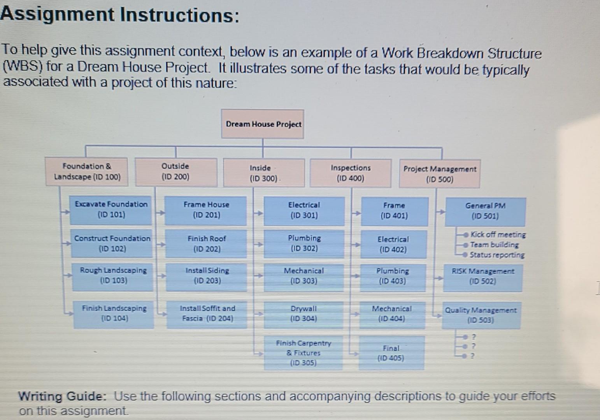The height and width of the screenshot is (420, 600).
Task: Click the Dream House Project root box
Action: (x=263, y=124)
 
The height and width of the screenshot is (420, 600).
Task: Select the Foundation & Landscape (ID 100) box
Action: (x=88, y=171)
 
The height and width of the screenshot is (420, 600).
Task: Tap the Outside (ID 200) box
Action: (x=176, y=171)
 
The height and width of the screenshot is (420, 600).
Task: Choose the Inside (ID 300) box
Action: (x=264, y=173)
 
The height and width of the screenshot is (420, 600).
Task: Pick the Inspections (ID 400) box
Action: (x=351, y=173)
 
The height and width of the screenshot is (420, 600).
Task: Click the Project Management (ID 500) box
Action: (x=439, y=174)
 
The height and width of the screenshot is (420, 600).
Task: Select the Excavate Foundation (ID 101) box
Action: (x=111, y=210)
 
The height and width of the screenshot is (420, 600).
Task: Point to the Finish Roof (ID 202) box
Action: (x=206, y=244)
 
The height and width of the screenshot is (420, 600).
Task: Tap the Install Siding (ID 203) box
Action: (x=207, y=276)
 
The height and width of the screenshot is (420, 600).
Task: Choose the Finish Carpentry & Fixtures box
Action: (x=303, y=353)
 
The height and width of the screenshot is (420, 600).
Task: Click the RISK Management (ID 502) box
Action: (x=482, y=276)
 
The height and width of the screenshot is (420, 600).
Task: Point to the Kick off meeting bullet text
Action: (x=498, y=234)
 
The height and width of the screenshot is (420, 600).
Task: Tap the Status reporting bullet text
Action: (x=497, y=255)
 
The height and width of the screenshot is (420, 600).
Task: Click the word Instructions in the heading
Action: (x=179, y=15)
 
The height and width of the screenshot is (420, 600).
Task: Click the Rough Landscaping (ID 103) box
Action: (x=113, y=275)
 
